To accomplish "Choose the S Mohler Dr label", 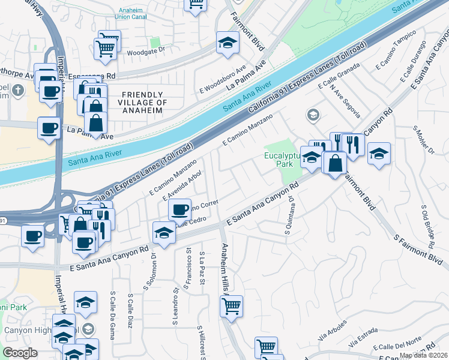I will pos(418,142).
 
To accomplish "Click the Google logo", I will pos(20,352).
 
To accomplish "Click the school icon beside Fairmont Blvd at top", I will pos(228,43).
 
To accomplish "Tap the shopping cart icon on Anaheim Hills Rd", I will pos(231,306).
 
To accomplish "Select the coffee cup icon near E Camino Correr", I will pos(179,209).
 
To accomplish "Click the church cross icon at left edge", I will pos(18,91).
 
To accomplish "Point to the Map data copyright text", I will pos(423,355).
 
